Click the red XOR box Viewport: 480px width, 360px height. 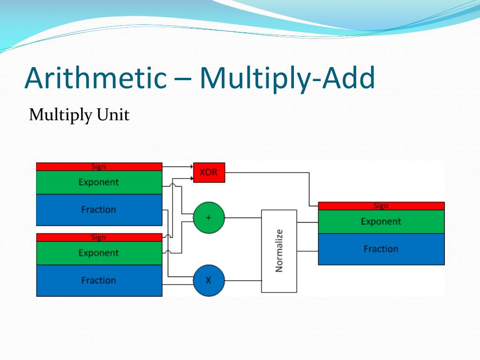tap(209, 172)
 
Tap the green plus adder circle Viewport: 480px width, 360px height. tap(209, 217)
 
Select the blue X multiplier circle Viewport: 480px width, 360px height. tap(209, 280)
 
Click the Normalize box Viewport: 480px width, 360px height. tap(279, 251)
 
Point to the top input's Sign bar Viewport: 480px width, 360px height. tap(99, 166)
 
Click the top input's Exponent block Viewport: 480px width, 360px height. tap(99, 182)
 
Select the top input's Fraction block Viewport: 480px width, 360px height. tap(99, 210)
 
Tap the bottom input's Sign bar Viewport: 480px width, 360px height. tap(99, 237)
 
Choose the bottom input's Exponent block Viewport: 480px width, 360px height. tap(99, 253)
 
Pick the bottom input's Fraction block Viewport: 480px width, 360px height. tap(99, 280)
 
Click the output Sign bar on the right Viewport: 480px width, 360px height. tap(381, 206)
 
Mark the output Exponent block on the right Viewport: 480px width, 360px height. tap(381, 221)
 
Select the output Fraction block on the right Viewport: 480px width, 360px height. tap(381, 249)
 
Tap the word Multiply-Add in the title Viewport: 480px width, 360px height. tap(287, 78)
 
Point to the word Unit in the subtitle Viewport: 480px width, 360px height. tap(113, 115)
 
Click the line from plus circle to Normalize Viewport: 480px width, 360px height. tap(243, 217)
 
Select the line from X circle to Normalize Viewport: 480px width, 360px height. tap(243, 280)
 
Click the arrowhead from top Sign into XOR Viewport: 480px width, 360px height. tap(191, 166)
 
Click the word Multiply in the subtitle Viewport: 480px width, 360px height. tap(60, 115)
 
